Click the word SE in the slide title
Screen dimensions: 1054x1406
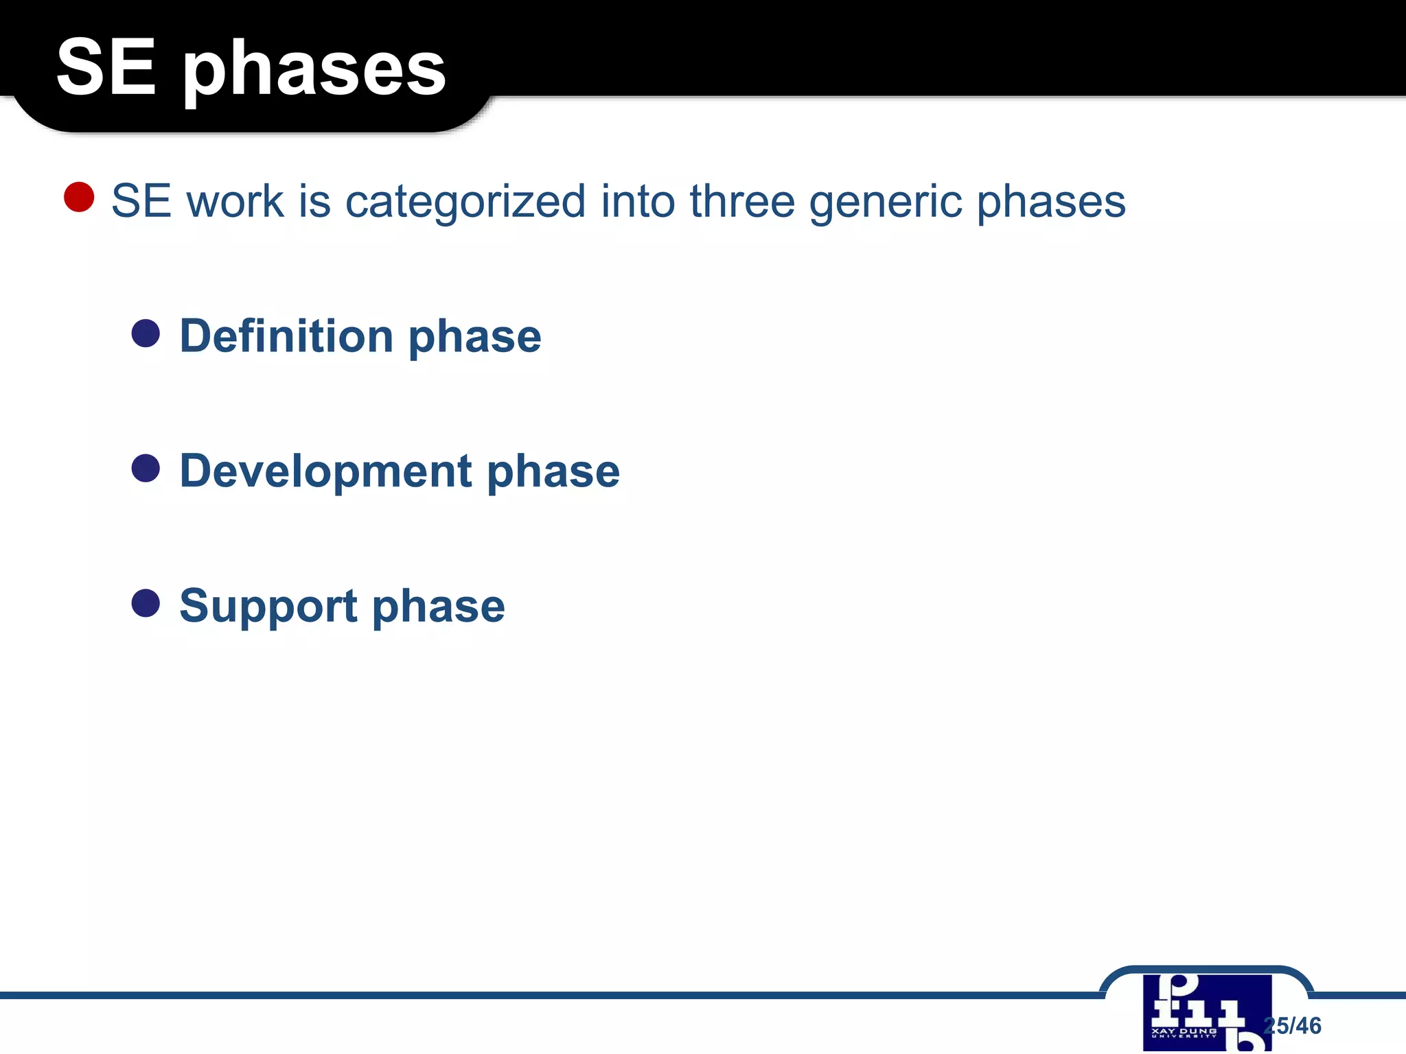[106, 67]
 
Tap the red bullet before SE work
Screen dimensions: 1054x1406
[79, 197]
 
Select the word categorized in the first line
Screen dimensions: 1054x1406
[465, 202]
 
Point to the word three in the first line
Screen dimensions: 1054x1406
[741, 201]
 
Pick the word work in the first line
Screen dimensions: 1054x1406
[235, 202]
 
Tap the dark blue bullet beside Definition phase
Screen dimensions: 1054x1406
[146, 333]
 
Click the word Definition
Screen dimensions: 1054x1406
[286, 336]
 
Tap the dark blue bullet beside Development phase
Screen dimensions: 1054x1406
[146, 469]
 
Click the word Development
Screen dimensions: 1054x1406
[325, 472]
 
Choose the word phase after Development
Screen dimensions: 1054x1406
[553, 472]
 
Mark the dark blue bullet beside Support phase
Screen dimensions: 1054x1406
[146, 603]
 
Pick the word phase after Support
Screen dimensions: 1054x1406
[438, 607]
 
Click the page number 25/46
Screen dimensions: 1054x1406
[1293, 1025]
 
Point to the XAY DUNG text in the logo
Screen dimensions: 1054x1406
[1184, 1031]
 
